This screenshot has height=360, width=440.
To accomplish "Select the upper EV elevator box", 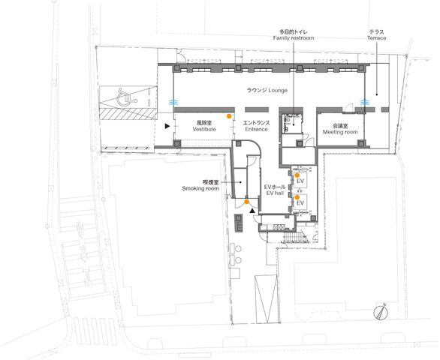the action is coord(300,180).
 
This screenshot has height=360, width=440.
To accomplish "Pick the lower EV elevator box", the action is coord(300,202).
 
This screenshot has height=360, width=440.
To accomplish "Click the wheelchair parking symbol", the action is coord(127,97).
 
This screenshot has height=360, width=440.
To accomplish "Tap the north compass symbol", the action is coord(381,312).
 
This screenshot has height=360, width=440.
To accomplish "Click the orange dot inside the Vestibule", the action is coord(229,116).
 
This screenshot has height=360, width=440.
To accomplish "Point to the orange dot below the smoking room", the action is coord(247,202).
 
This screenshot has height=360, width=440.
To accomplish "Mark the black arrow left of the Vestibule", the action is coord(167,126).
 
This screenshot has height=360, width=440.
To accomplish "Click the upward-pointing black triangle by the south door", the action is coord(252,211).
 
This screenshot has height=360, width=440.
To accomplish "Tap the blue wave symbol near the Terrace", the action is coord(364,102).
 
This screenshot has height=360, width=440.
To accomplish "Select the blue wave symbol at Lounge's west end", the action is coord(172,102).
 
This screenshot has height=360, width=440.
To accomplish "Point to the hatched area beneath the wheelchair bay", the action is coord(128,114).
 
